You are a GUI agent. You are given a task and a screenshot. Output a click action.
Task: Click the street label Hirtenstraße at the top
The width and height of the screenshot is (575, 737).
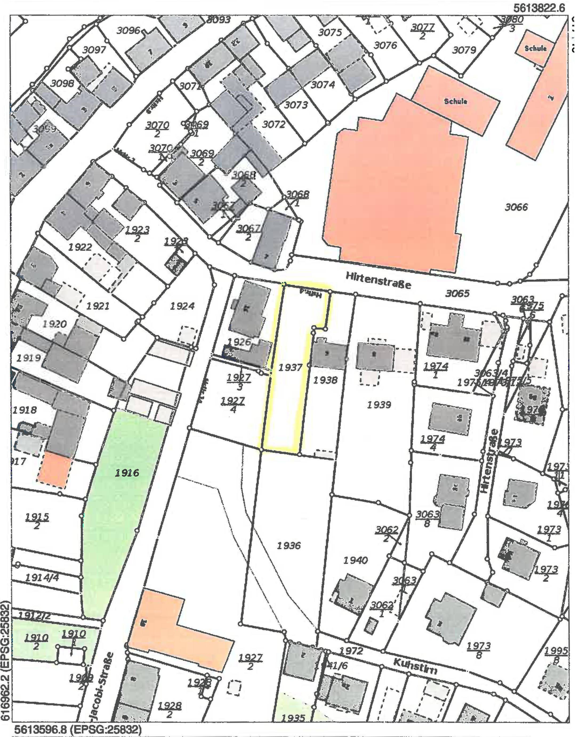(378, 281)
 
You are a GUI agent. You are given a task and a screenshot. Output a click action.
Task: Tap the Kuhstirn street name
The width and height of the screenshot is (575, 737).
(415, 666)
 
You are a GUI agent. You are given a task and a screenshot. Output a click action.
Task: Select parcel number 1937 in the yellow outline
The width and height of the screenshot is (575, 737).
(290, 367)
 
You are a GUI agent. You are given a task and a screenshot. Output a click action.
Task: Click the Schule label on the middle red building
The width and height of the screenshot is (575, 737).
(455, 101)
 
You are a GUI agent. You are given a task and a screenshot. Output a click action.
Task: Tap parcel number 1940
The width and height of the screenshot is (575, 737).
(355, 560)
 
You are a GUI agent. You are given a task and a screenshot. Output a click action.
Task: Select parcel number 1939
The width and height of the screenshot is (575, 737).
(379, 404)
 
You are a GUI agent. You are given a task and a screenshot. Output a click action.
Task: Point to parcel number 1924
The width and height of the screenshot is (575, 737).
(182, 306)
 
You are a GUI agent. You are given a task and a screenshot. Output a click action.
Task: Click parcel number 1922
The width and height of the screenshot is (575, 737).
(80, 247)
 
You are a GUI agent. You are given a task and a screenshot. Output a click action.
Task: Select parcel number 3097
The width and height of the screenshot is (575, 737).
(94, 50)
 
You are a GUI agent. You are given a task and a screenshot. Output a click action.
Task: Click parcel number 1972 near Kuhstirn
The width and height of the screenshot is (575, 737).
(351, 651)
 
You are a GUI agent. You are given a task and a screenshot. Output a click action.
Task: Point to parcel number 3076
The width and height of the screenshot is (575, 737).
(385, 45)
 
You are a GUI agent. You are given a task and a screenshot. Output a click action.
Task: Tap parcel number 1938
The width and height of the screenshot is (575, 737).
(325, 380)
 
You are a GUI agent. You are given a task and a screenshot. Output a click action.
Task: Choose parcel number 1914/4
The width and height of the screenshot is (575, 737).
(42, 577)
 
